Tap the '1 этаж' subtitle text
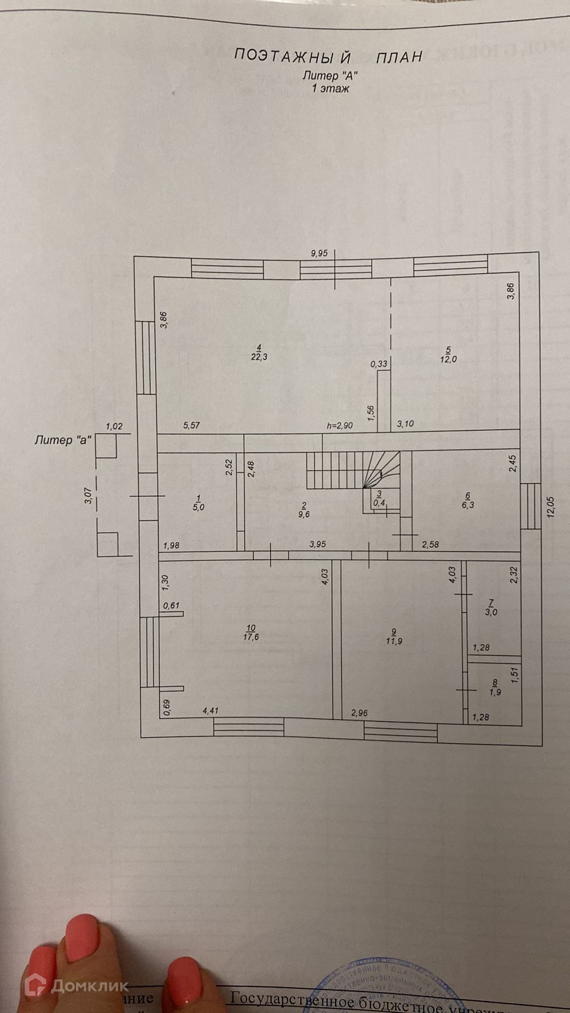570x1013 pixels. (330, 89)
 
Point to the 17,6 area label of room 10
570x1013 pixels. (251, 637)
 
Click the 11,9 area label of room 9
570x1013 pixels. (394, 641)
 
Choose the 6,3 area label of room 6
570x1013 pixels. (468, 505)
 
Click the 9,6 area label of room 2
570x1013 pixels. (304, 515)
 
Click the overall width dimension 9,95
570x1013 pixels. (319, 253)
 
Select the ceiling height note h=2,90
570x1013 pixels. (339, 425)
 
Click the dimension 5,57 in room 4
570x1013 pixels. (191, 425)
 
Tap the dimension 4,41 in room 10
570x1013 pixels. (210, 711)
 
